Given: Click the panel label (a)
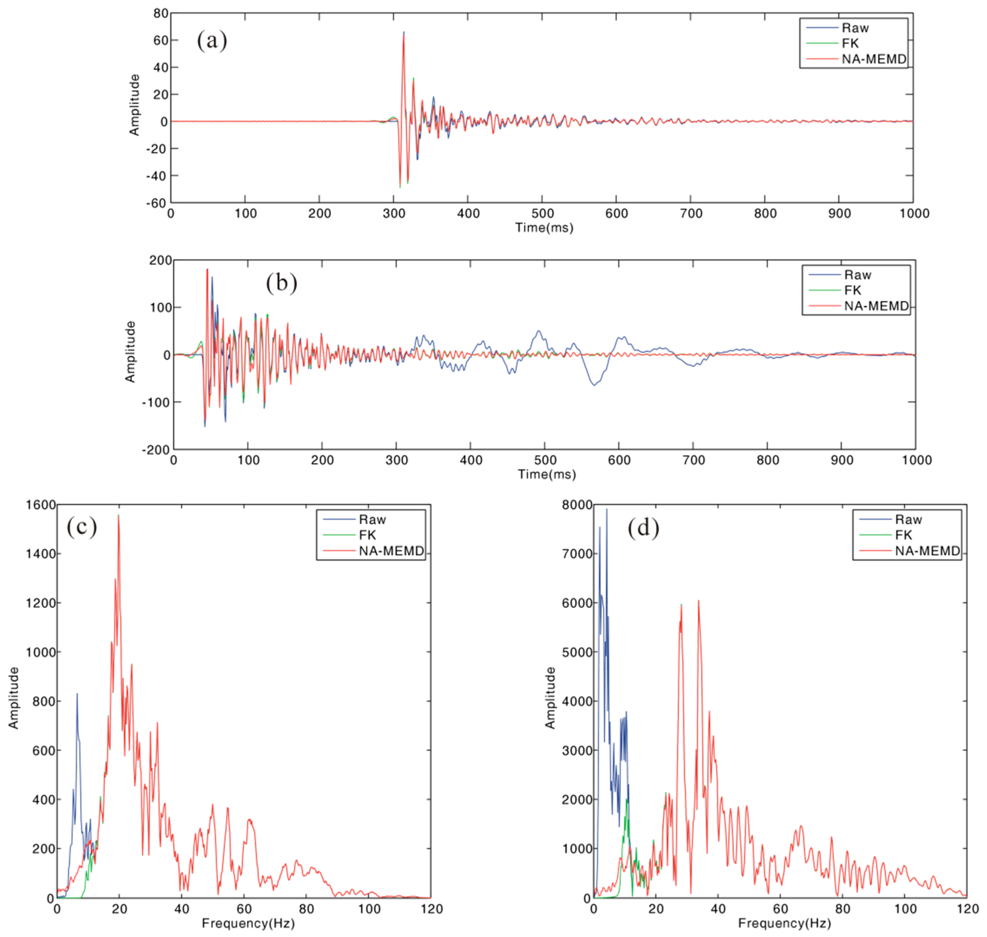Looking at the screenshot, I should (212, 40).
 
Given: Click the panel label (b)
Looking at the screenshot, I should (281, 283).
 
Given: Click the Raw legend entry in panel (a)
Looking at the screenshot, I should (855, 28).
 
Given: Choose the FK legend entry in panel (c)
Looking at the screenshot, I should (367, 535).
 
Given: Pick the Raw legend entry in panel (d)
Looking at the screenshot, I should (908, 519).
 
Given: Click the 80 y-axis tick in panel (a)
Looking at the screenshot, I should (161, 13).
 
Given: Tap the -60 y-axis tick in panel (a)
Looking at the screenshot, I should (156, 203).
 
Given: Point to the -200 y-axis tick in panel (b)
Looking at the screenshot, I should (156, 450).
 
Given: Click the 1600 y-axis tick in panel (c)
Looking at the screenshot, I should (41, 505).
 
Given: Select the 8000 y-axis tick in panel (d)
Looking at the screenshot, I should (577, 505).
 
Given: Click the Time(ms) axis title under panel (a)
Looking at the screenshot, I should (544, 228).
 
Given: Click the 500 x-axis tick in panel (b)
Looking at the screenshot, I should (545, 460).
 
